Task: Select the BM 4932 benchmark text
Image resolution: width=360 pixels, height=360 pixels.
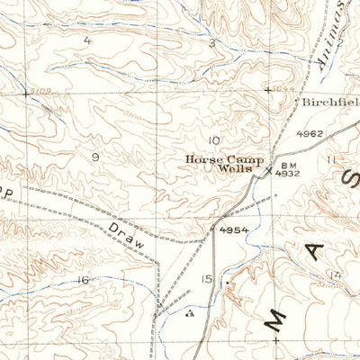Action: (x=287, y=170)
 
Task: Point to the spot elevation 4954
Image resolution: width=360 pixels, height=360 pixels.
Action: (x=232, y=230)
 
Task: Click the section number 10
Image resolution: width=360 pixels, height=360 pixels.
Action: (x=213, y=140)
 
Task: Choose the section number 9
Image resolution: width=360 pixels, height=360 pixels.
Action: (x=94, y=156)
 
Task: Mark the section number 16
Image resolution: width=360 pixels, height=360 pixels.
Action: (x=83, y=280)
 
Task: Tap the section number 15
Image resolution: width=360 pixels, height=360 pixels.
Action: (x=207, y=280)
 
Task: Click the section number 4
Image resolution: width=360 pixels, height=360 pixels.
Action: (x=88, y=40)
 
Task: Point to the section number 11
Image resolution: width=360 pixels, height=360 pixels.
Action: (x=331, y=159)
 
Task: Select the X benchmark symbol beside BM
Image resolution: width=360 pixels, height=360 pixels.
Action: (x=267, y=169)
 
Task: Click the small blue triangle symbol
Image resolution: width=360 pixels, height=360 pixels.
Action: (x=188, y=315)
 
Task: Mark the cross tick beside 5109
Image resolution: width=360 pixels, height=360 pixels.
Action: (x=24, y=93)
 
